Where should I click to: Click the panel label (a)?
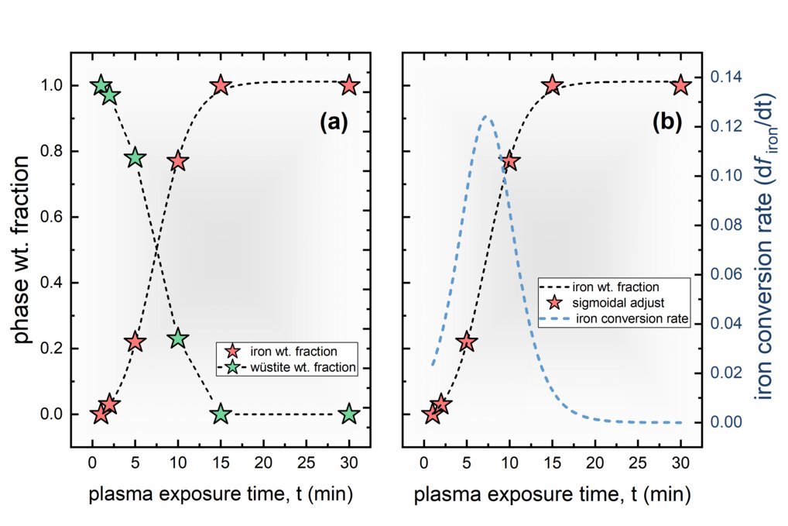point(334,122)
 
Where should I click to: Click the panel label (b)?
point(665,122)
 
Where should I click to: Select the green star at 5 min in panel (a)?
point(135,157)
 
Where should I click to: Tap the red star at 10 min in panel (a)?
point(178,161)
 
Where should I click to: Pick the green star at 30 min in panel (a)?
point(349,414)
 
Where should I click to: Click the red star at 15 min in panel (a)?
point(221,85)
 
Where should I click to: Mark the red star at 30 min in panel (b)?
point(680,85)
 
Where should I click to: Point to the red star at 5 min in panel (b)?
point(467,342)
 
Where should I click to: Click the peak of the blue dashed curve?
point(485,117)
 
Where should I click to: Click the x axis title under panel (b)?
point(552,493)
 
